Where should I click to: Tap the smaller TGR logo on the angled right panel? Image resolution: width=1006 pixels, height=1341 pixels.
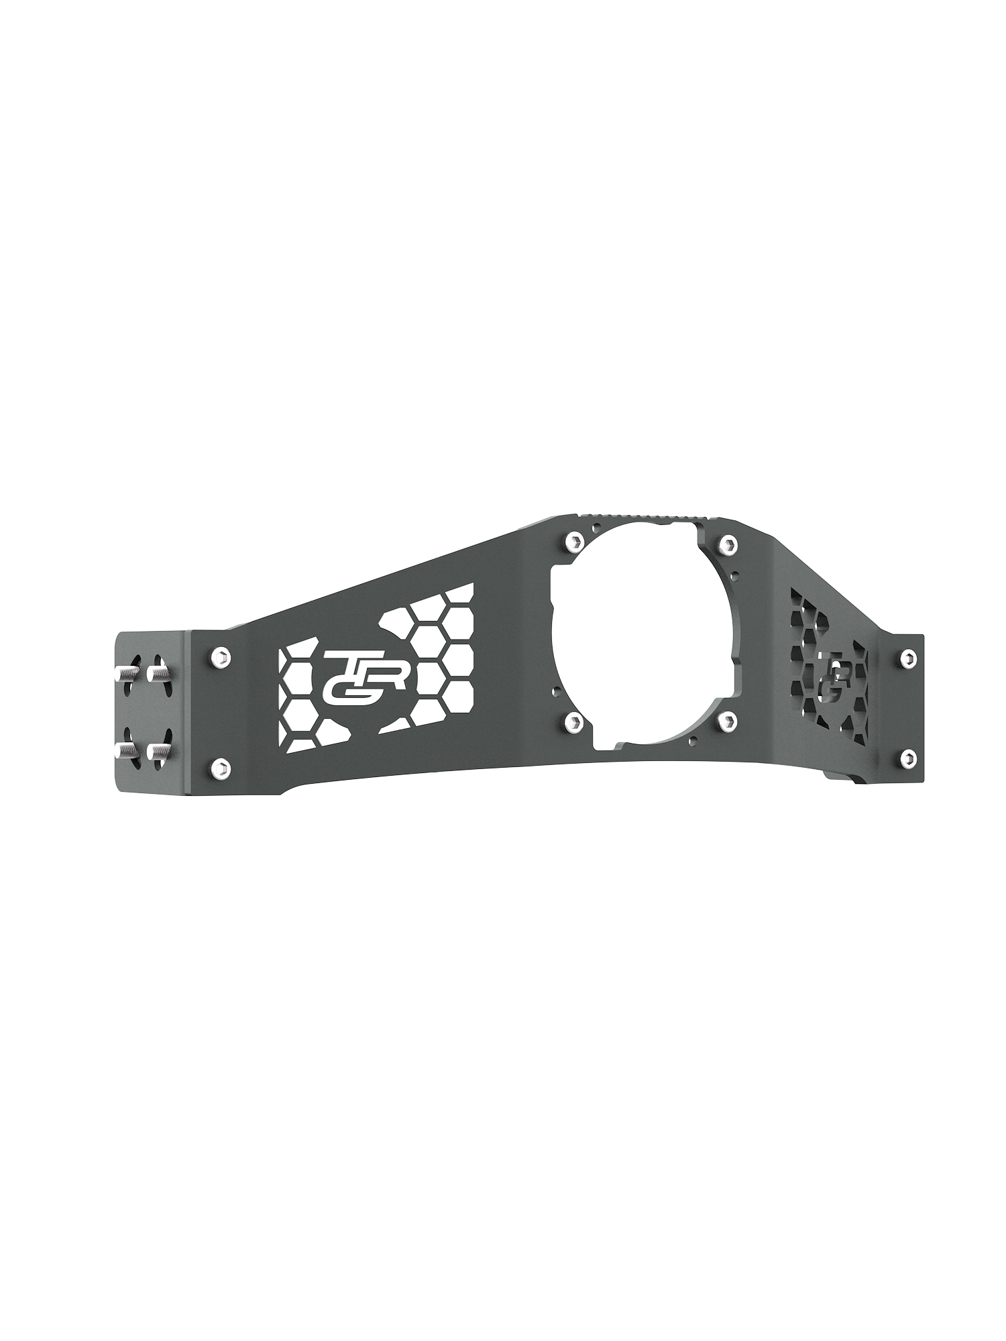point(830,679)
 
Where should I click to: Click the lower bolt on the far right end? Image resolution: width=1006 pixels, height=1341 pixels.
point(907,758)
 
